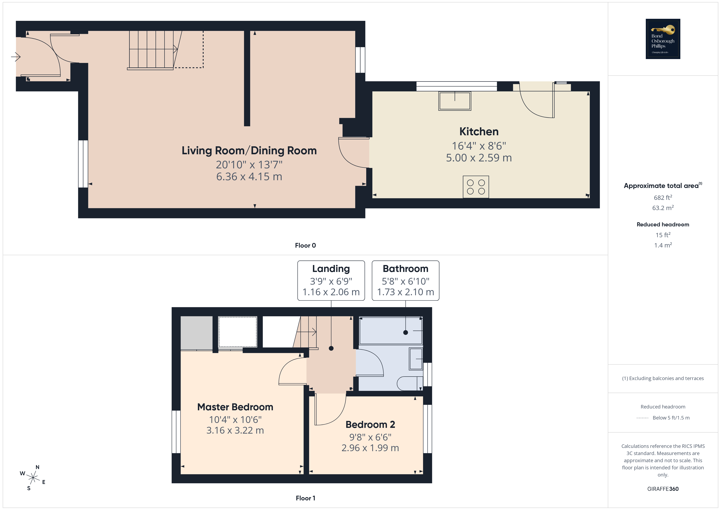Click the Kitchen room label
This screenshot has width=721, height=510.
(479, 132)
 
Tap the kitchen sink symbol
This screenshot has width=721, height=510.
(455, 101)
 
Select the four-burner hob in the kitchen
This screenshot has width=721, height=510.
(476, 187)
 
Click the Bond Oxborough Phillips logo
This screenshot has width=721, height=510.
(663, 39)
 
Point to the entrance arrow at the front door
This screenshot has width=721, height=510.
(16, 57)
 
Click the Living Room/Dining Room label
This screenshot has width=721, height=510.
(249, 151)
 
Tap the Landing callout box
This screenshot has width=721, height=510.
(331, 280)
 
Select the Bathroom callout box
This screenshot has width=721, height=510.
(405, 280)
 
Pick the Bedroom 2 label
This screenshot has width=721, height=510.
(370, 425)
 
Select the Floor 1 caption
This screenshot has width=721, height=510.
(305, 498)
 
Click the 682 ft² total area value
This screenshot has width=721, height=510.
(663, 198)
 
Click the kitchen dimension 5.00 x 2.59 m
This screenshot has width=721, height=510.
(479, 158)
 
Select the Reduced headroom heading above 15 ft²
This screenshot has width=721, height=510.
(663, 225)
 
